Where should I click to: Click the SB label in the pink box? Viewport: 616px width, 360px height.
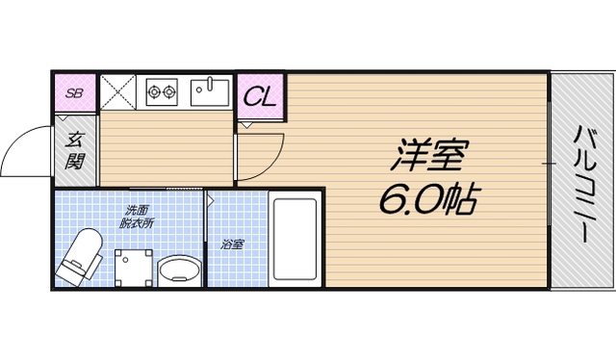(x=74, y=93)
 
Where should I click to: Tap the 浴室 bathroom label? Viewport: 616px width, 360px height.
(x=232, y=244)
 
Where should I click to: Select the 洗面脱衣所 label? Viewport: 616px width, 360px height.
(x=136, y=217)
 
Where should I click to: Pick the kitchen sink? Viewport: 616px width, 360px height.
(x=208, y=92)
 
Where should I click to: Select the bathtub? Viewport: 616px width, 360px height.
(x=296, y=241)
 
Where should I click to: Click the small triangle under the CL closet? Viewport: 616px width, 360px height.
(x=246, y=124)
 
